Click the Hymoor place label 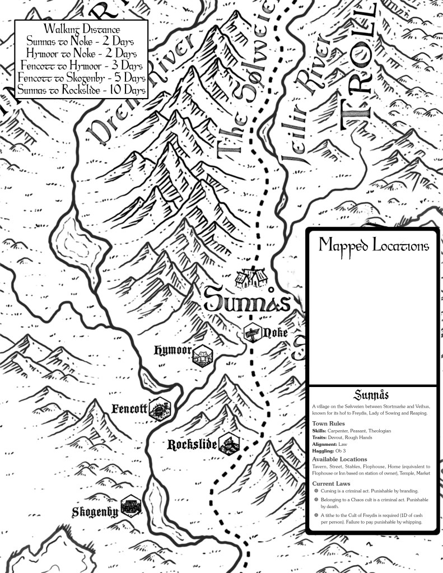pos(173,351)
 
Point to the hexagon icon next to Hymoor pos(202,356)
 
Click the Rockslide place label pos(192,445)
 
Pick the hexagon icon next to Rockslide pos(229,444)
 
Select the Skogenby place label pos(95,511)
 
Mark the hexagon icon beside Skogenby pos(130,507)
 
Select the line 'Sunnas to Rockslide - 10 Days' pos(82,90)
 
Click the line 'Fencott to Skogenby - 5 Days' pos(82,78)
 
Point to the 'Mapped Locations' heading pos(374,246)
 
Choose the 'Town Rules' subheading pos(328,424)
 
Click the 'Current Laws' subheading pos(331,483)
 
